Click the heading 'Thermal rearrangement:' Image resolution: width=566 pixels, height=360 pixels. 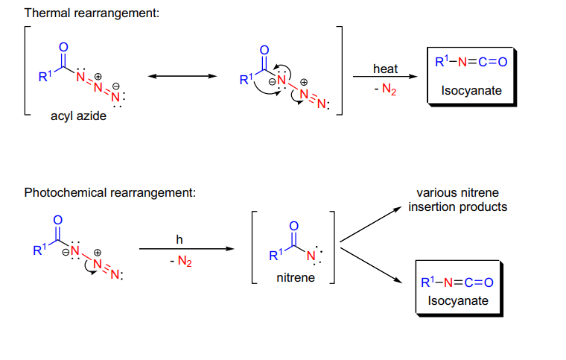click(92, 13)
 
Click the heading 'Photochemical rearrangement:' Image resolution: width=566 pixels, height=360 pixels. click(110, 192)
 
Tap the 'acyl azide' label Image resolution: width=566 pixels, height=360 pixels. click(78, 116)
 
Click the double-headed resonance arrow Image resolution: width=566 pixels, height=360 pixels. click(182, 76)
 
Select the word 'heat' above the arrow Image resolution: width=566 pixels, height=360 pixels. click(385, 69)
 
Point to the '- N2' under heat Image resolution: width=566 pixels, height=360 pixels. click(385, 89)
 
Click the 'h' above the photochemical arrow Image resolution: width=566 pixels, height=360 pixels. click(179, 239)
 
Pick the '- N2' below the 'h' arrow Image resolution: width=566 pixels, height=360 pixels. click(181, 261)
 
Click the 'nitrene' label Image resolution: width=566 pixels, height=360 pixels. click(296, 278)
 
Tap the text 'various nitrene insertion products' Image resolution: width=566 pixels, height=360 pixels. click(458, 200)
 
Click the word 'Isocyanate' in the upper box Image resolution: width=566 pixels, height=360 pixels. click(471, 90)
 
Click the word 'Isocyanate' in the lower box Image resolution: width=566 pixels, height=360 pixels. click(458, 301)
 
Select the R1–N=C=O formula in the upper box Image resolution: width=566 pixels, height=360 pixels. click(471, 62)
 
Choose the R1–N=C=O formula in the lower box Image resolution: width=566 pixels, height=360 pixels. click(457, 282)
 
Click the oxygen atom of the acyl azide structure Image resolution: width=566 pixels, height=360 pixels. click(63, 47)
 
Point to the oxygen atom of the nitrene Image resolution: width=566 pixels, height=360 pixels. click(294, 226)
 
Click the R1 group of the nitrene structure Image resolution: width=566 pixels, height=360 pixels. click(276, 255)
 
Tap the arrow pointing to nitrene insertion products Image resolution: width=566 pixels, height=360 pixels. click(371, 224)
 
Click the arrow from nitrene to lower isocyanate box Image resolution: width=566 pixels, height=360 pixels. click(371, 265)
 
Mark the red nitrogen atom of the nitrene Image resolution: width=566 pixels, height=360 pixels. click(311, 256)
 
